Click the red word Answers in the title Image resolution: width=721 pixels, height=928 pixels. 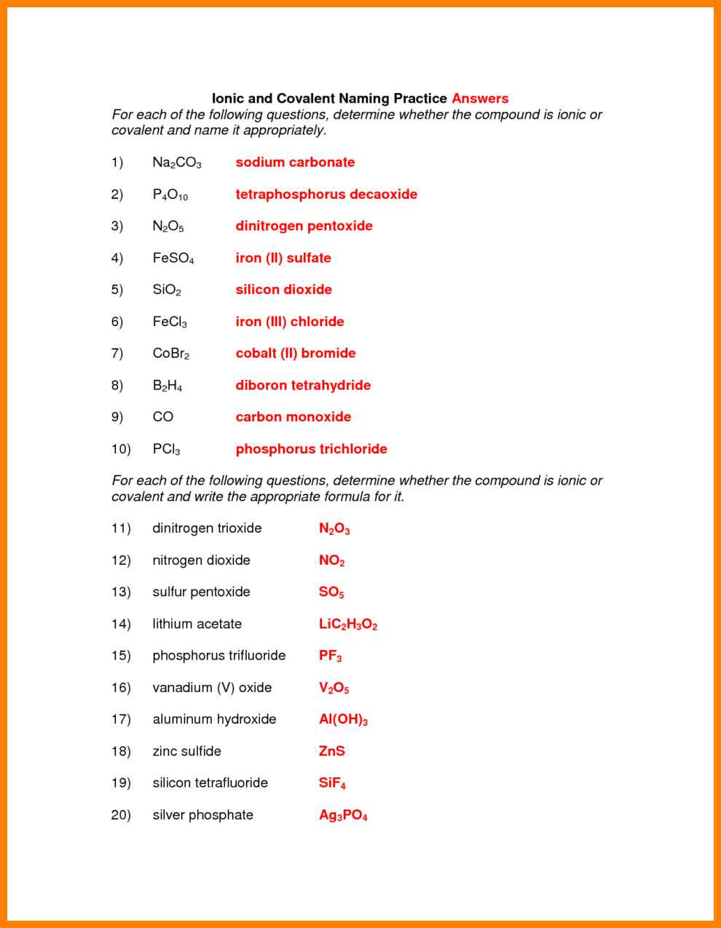pyautogui.click(x=480, y=98)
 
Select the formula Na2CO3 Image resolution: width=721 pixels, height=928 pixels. pyautogui.click(x=176, y=163)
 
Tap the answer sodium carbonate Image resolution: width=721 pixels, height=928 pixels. pyautogui.click(x=295, y=162)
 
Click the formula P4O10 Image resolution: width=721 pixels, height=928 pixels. pyautogui.click(x=170, y=195)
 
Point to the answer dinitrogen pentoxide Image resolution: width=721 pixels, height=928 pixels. pyautogui.click(x=304, y=226)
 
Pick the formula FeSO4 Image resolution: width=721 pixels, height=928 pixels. pyautogui.click(x=173, y=258)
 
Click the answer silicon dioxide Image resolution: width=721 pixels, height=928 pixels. pyautogui.click(x=283, y=290)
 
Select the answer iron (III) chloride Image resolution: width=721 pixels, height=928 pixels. pyautogui.click(x=290, y=322)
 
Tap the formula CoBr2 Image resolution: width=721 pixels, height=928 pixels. pyautogui.click(x=170, y=354)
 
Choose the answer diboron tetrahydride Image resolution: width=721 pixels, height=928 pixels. pyautogui.click(x=303, y=385)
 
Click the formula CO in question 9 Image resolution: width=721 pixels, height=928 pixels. pyautogui.click(x=163, y=417)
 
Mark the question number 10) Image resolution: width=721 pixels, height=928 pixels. pyautogui.click(x=121, y=449)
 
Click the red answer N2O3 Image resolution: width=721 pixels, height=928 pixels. pyautogui.click(x=334, y=529)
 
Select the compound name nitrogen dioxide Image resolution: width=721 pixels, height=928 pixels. pyautogui.click(x=201, y=560)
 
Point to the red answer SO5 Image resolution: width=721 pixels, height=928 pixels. pyautogui.click(x=331, y=592)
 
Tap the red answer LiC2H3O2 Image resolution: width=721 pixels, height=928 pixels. pyautogui.click(x=348, y=624)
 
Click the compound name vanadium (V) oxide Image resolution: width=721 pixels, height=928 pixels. pyautogui.click(x=212, y=688)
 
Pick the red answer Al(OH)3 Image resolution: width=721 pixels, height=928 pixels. pyautogui.click(x=343, y=720)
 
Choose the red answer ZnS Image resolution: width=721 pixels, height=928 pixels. pyautogui.click(x=331, y=751)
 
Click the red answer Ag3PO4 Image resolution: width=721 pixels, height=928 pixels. pyautogui.click(x=343, y=815)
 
